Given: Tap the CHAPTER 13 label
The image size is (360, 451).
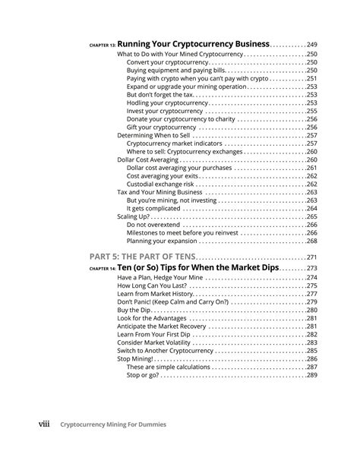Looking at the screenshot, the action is click(x=100, y=46).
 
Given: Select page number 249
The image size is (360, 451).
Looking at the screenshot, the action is click(x=311, y=44).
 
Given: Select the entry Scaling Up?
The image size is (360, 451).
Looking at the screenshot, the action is click(x=134, y=216).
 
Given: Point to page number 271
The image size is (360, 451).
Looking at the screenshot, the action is click(x=311, y=259).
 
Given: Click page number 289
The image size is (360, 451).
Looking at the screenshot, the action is click(x=311, y=375).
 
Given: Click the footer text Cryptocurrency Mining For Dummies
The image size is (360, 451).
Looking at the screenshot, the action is click(x=124, y=426).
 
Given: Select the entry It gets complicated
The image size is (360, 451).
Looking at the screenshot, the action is click(x=153, y=208).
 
